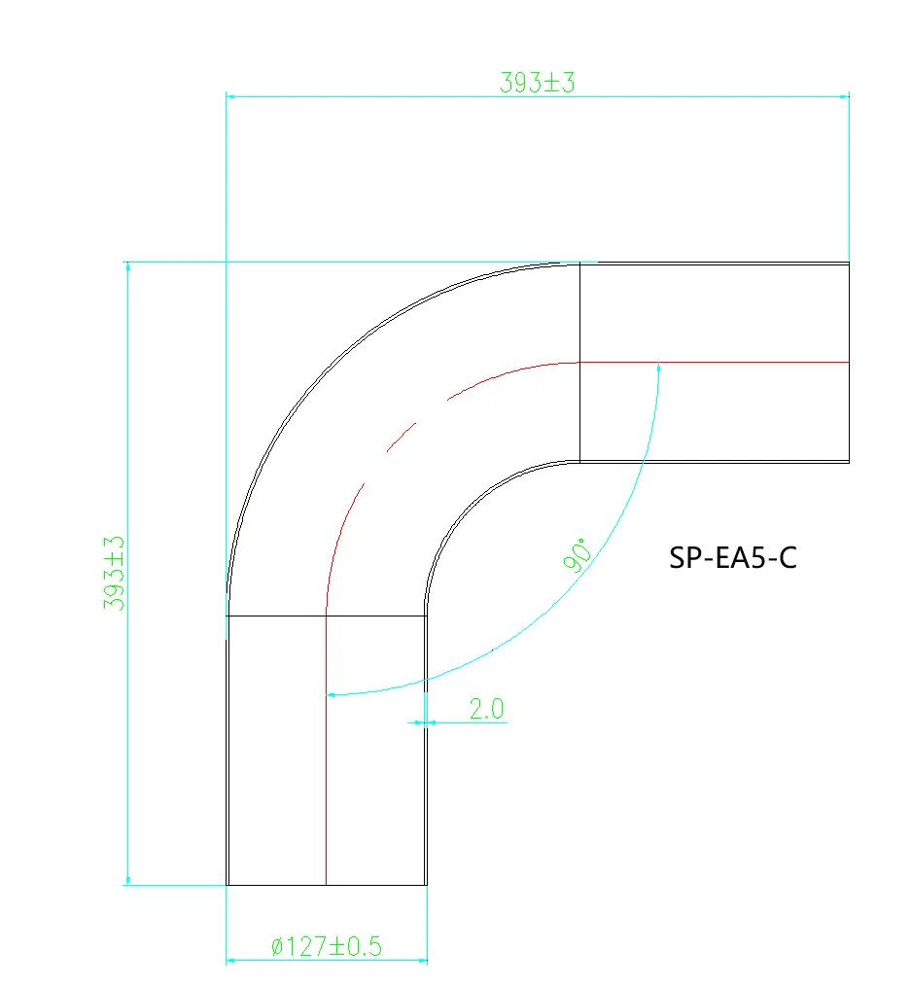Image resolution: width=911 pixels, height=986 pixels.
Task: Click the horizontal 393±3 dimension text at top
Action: coord(538,83)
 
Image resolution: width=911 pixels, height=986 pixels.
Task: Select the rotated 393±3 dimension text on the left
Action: coord(115,573)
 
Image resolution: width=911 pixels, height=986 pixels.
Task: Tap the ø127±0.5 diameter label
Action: coord(326,946)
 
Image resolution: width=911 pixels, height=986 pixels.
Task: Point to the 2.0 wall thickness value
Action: coord(486,709)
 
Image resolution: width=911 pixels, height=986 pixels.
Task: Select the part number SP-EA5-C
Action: coord(732,558)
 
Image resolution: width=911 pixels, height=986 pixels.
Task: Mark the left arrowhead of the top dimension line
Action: coord(232,96)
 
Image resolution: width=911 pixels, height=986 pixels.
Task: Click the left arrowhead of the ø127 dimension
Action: coord(232,961)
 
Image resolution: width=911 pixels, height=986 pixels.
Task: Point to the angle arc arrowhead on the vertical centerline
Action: coord(333,694)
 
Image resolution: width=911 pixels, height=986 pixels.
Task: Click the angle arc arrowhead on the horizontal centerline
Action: coord(659,368)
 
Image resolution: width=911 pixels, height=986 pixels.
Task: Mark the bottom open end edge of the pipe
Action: coord(326,885)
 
